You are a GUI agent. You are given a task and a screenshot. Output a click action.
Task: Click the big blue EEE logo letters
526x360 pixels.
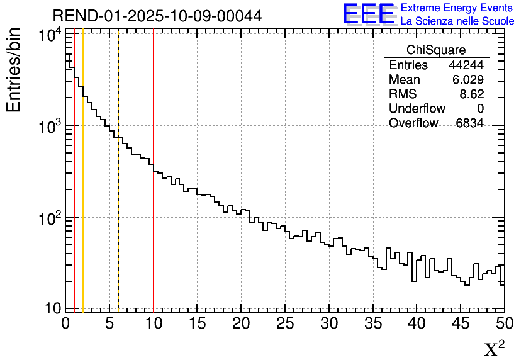pyautogui.click(x=368, y=14)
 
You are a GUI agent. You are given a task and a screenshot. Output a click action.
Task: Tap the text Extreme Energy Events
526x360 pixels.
pyautogui.click(x=457, y=8)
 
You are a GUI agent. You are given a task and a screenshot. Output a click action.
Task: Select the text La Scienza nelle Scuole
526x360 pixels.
pyautogui.click(x=457, y=21)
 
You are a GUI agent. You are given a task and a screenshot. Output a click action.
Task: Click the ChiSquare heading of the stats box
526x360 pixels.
pyautogui.click(x=436, y=50)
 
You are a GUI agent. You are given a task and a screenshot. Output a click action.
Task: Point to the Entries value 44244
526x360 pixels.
pyautogui.click(x=466, y=65)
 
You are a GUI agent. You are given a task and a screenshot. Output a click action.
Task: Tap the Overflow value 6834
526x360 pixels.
pyautogui.click(x=470, y=123)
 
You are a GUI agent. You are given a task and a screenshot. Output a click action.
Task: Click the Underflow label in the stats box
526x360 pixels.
pyautogui.click(x=417, y=109)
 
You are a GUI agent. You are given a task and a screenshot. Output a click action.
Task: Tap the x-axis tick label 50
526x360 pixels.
pyautogui.click(x=504, y=323)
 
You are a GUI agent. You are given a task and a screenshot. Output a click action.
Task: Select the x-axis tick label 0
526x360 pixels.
pyautogui.click(x=66, y=323)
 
